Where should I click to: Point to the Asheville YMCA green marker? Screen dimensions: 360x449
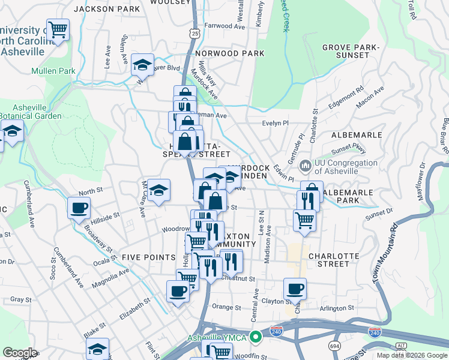256,336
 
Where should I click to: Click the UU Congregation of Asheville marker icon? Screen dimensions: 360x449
306,164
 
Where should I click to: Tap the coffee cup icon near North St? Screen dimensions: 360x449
79,209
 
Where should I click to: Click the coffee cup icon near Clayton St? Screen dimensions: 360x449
294,289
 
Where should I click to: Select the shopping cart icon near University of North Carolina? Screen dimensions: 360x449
58,29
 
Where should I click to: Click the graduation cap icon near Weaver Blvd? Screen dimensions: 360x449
142,65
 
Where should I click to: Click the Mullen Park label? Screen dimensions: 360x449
55,71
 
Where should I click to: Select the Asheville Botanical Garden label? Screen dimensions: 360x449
30,112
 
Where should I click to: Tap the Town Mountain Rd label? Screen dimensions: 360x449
385,253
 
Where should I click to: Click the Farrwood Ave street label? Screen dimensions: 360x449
225,26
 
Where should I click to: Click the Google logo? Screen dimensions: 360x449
20,353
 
